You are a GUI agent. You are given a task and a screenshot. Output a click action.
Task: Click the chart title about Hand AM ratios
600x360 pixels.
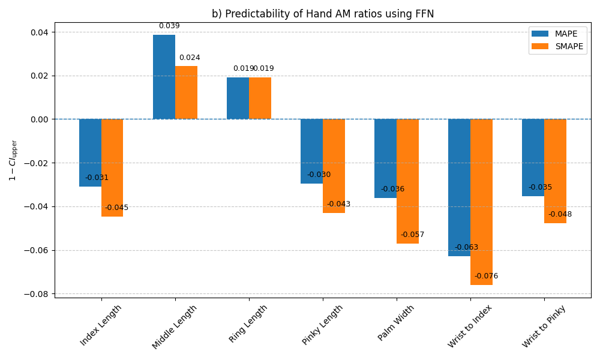pos(323,14)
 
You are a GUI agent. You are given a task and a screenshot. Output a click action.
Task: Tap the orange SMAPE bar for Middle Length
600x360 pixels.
pos(186,92)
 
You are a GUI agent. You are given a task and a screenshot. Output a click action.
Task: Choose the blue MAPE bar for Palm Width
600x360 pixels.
pos(385,158)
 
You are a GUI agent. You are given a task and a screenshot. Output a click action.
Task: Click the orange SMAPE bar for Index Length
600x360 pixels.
pos(112,167)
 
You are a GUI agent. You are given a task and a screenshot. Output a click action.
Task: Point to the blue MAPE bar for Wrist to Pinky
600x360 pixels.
pos(533,157)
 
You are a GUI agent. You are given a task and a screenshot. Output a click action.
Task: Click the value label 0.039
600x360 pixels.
pos(169,26)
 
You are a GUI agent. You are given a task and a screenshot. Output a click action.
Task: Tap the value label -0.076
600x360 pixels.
pos(486,276)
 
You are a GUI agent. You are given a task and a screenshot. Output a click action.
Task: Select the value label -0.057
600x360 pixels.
pos(412,235)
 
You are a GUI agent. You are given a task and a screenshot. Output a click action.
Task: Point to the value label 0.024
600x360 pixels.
pos(190,58)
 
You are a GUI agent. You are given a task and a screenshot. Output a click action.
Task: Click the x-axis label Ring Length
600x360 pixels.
pos(248,324)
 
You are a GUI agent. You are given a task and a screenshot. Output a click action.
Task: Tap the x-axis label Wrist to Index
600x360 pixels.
pos(470,326)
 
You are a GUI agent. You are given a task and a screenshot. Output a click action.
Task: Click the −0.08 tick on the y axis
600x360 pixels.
pos(39,294)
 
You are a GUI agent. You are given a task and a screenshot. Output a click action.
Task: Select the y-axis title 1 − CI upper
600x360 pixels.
pos(13,160)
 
